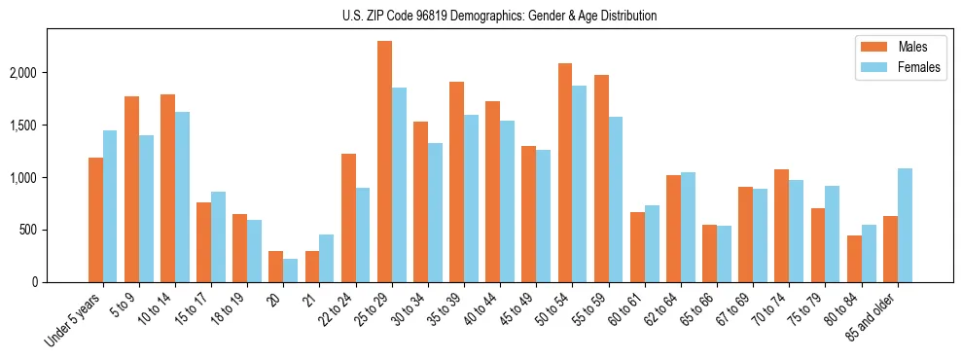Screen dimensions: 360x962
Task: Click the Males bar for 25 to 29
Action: pos(384,162)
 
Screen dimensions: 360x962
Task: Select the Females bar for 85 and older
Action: pos(905,225)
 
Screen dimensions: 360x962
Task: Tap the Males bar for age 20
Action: pos(276,267)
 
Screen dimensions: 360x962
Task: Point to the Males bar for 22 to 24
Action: pos(348,218)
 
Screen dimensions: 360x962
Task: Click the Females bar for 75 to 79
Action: pos(833,234)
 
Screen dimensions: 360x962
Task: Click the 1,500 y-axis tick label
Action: pos(49,126)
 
